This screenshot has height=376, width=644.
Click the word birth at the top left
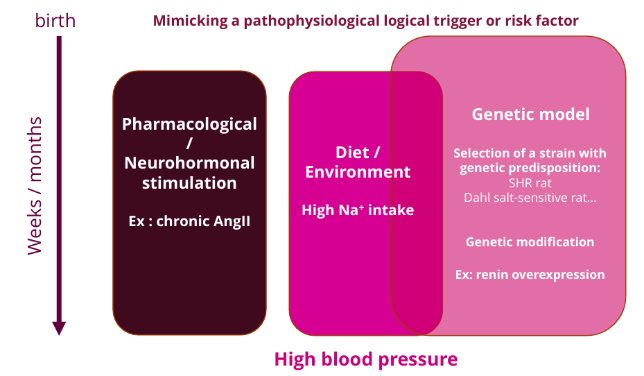pyautogui.click(x=55, y=21)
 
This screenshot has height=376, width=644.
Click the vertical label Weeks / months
pyautogui.click(x=35, y=186)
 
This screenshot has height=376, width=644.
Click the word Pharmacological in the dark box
pyautogui.click(x=189, y=124)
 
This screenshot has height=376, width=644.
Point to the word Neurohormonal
pyautogui.click(x=189, y=163)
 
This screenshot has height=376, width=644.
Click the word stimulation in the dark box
pyautogui.click(x=189, y=183)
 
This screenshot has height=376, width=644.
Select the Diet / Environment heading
pyautogui.click(x=358, y=162)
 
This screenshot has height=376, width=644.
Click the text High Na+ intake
pyautogui.click(x=358, y=210)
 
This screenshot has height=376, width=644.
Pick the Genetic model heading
pyautogui.click(x=530, y=114)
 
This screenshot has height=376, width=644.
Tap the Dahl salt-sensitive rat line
pyautogui.click(x=530, y=197)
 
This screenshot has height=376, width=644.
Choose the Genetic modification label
pyautogui.click(x=530, y=242)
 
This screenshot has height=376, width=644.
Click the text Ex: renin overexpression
pyautogui.click(x=530, y=274)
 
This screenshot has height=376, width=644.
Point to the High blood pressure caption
pyautogui.click(x=365, y=359)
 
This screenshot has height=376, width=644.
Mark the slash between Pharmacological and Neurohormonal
pyautogui.click(x=189, y=144)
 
